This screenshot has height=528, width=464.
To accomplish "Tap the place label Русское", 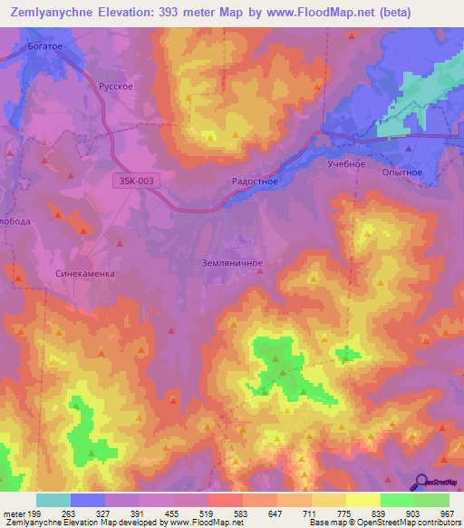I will (x=116, y=87).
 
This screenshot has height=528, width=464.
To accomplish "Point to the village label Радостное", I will (x=256, y=181).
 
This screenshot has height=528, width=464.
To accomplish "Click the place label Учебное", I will (x=345, y=164).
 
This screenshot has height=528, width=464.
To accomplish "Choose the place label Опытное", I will (x=403, y=171).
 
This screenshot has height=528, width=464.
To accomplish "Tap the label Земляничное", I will (x=231, y=263).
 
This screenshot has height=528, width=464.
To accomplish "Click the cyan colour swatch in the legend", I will (x=53, y=500).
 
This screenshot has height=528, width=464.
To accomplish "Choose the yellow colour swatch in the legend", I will (x=363, y=500).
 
